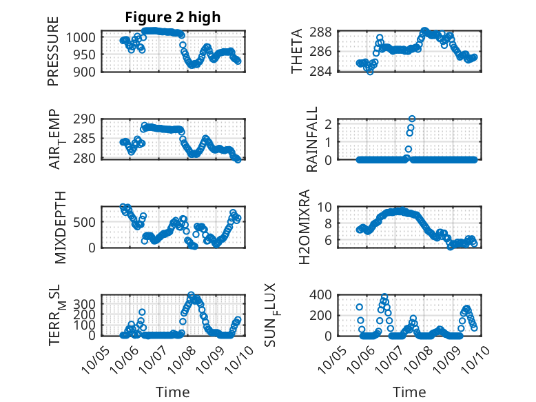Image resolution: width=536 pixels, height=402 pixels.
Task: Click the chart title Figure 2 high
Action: pyautogui.click(x=173, y=17)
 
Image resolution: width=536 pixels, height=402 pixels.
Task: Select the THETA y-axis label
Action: pyautogui.click(x=297, y=51)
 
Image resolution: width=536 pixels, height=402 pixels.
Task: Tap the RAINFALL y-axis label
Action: pyautogui.click(x=312, y=139)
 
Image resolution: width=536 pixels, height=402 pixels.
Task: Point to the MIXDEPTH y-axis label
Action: pyautogui.click(x=60, y=227)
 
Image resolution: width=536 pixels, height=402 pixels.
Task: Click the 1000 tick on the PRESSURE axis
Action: pyautogui.click(x=84, y=37)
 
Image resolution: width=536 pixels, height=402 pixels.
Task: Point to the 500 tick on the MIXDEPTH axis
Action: pyautogui.click(x=88, y=221)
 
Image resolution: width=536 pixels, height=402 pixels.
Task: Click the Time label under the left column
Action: pyautogui.click(x=172, y=392)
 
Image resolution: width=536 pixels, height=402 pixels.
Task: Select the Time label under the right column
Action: pyautogui.click(x=409, y=392)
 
